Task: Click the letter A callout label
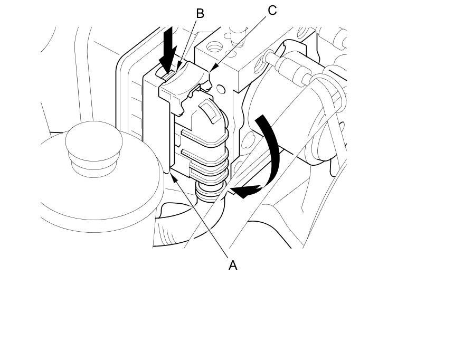(232, 265)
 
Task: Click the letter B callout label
(200, 14)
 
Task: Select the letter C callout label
(272, 10)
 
